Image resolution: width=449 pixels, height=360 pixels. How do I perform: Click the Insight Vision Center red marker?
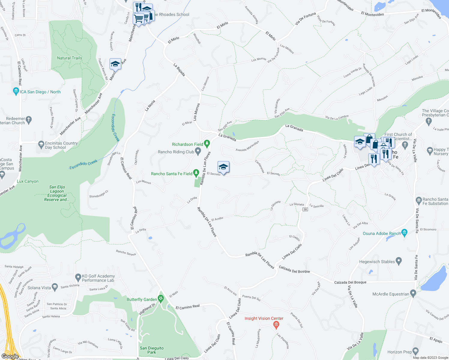(276, 324)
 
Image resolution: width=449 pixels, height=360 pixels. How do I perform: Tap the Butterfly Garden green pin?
(161, 299)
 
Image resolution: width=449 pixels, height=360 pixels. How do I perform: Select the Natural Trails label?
(69, 58)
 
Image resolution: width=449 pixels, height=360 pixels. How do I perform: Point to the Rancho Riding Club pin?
(198, 152)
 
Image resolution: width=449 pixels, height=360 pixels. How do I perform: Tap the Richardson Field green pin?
(206, 144)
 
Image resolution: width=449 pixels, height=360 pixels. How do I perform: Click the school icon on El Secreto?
(223, 167)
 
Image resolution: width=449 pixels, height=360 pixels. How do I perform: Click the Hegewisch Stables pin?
(399, 261)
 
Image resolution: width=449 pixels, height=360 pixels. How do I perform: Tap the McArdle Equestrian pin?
(413, 293)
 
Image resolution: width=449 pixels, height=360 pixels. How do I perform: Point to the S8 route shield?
(305, 209)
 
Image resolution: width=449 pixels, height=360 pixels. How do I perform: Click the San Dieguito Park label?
(152, 350)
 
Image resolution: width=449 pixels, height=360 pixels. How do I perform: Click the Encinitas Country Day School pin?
(41, 145)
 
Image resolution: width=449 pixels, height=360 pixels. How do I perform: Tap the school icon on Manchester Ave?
(115, 64)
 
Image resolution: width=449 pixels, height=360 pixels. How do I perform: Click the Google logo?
(10, 356)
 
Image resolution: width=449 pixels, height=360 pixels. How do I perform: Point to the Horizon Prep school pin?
(415, 351)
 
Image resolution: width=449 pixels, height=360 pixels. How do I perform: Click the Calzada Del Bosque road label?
(294, 269)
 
